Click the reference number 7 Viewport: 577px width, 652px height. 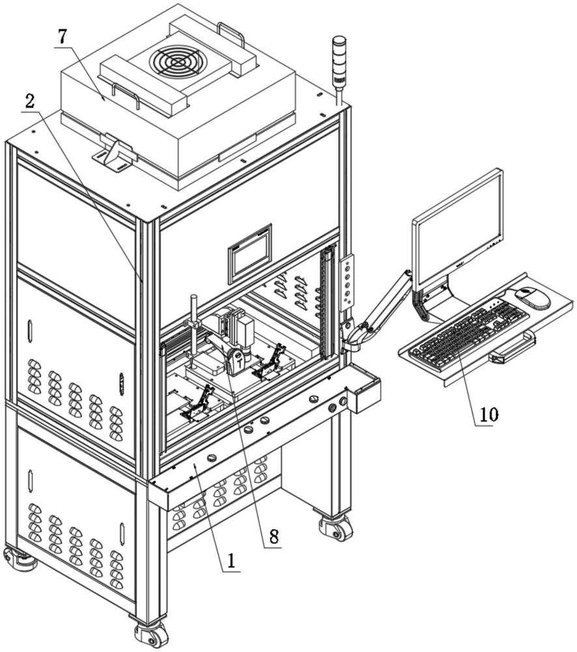coord(63,37)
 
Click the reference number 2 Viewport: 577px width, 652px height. coord(29,101)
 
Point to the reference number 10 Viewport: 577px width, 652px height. coord(489,414)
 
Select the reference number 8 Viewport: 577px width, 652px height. coord(274,536)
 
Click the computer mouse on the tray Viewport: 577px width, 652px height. coord(533,298)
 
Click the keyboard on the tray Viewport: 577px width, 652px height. coord(469,333)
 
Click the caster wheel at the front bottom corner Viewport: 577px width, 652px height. coord(151,635)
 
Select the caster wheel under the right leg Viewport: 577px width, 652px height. coord(335,527)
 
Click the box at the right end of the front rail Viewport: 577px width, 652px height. coord(365,388)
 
